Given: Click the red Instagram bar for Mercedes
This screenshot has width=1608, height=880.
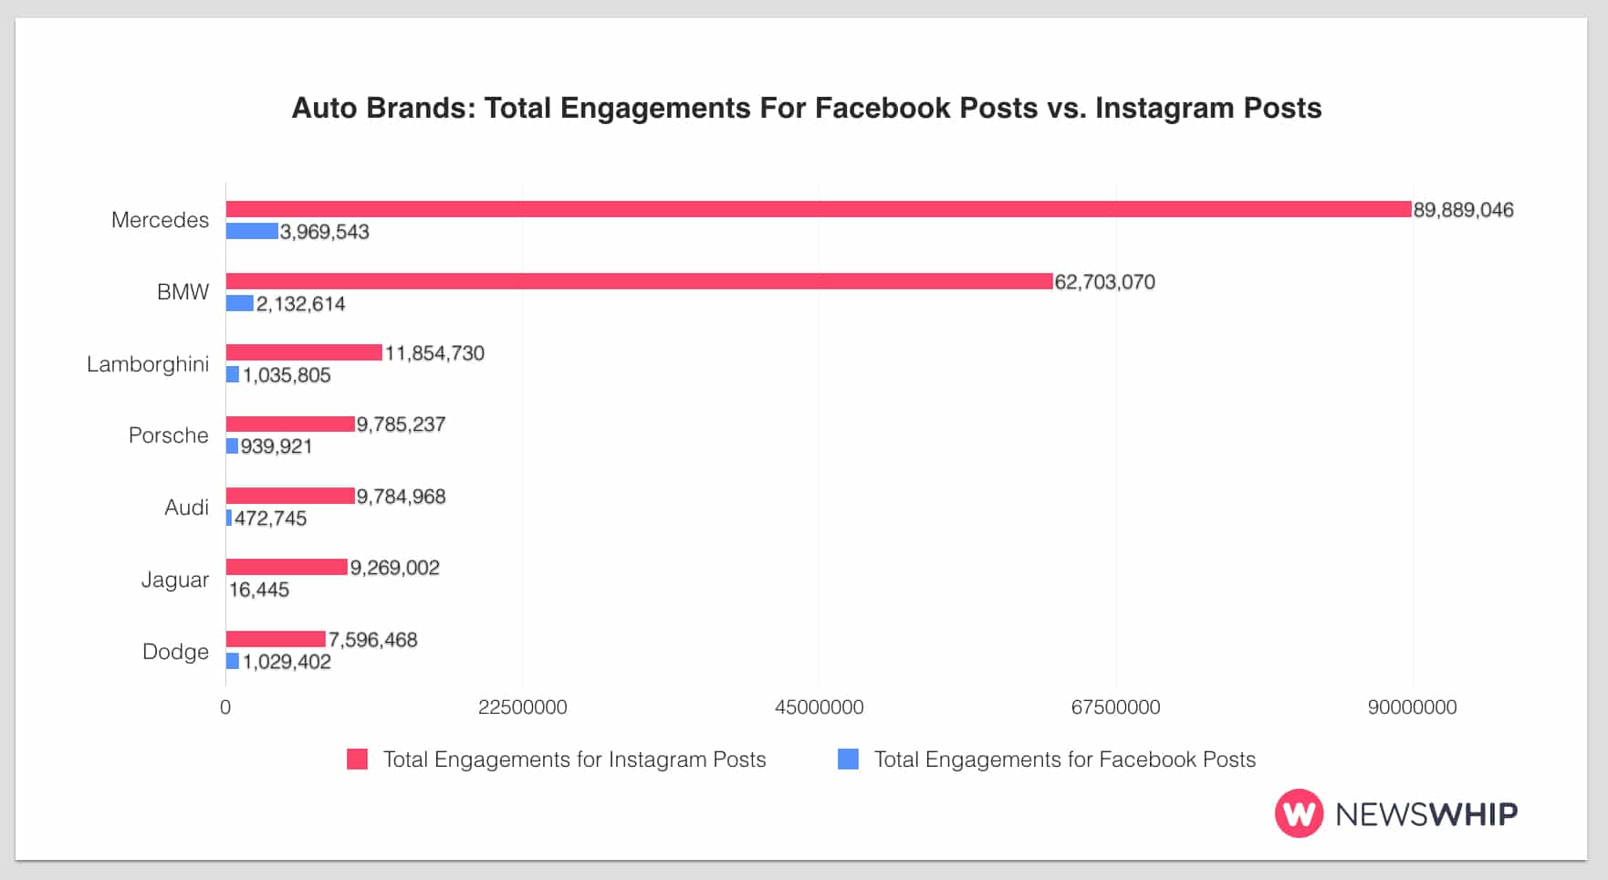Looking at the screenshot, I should coord(819,209).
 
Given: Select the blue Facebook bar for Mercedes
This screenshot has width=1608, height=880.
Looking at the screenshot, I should coord(252,231).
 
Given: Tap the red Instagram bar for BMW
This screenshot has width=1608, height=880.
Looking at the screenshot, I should coord(639,281).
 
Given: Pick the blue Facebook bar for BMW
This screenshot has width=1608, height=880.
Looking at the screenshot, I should coord(240,303).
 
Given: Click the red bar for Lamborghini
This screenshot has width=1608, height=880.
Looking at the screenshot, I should coord(304,352).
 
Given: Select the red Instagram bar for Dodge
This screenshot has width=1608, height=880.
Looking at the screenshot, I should coord(276,639).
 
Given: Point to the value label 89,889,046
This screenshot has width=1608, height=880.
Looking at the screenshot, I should coord(1463,210).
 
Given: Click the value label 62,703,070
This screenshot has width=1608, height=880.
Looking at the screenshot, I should coord(1104,282).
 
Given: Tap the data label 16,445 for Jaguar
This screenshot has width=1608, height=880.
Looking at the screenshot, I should coord(258,590).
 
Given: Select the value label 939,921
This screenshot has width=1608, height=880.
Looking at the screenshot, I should coord(276,446).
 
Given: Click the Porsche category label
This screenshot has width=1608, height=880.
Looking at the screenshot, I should coord(168,435).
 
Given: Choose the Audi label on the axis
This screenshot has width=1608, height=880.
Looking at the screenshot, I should coord(186,508).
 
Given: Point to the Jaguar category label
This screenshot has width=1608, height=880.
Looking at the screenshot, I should coord(174,580).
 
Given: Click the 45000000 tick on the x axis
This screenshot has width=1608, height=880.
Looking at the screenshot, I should coord(819,707).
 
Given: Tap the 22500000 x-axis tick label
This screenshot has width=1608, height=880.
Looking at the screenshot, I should coord(522,707).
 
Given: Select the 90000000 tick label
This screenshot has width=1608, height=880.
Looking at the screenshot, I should coord(1412,707).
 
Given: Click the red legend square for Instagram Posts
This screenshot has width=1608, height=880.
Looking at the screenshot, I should coord(357,760).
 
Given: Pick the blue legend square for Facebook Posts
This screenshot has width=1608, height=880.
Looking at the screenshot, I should coord(848,760).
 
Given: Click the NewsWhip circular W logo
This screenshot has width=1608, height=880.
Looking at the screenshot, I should coord(1298,813).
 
